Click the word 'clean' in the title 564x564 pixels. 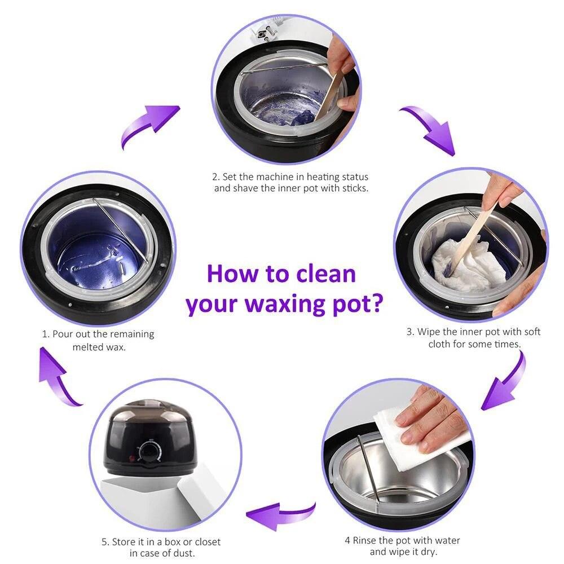point(326,274)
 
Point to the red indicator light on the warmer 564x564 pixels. point(131,459)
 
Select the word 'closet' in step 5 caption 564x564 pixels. point(206,541)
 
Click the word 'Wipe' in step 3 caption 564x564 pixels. point(428,332)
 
